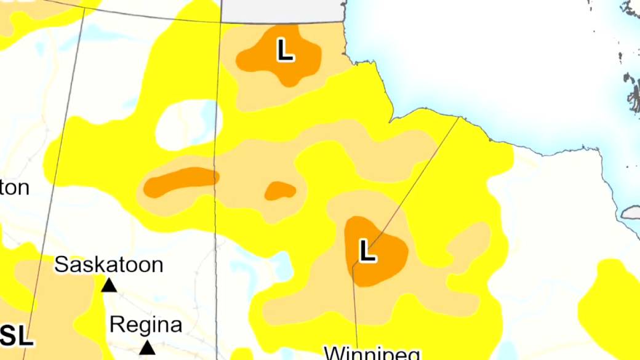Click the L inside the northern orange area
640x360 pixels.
click(284, 50)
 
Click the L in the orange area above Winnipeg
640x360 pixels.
click(367, 251)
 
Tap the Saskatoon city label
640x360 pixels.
click(108, 265)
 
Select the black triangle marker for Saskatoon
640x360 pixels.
click(109, 285)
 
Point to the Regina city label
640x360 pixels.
click(145, 324)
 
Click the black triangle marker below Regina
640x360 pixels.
click(147, 348)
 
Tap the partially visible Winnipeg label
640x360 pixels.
click(372, 353)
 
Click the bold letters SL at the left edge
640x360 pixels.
click(15, 336)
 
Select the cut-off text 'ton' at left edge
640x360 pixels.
click(14, 188)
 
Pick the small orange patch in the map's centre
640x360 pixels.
click(280, 191)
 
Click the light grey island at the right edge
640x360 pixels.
click(631, 213)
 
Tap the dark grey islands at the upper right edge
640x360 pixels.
click(632, 86)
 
